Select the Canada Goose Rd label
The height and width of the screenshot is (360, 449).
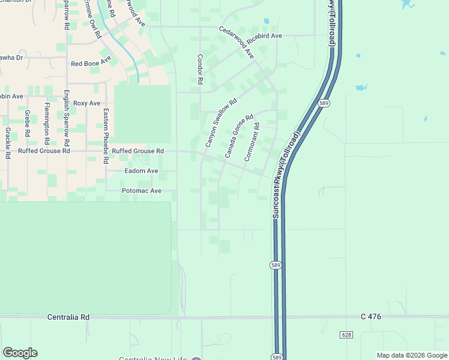coord(240,136)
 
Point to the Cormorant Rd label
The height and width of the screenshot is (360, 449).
coord(252,142)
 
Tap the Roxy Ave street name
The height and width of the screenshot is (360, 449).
coord(86,103)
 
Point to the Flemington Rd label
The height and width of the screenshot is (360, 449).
coord(47,124)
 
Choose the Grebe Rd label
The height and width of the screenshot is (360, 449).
coord(27,123)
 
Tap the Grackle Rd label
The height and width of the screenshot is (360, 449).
coord(7,142)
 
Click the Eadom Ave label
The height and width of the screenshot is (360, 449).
coord(141,171)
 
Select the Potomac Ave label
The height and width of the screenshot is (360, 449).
coord(142,191)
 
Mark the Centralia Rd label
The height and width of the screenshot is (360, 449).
coord(68,317)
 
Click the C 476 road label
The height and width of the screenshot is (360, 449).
coord(372,316)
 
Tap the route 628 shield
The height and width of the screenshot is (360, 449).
coord(346,334)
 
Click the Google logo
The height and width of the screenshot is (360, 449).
coord(20,353)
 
